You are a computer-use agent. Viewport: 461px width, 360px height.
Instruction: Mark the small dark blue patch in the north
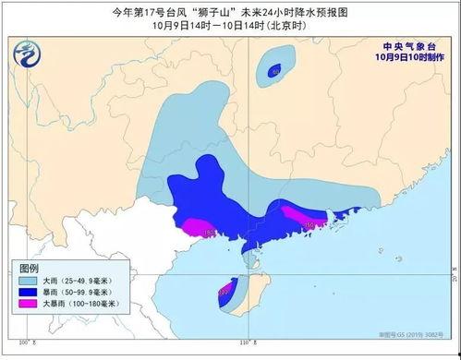coord(274,70)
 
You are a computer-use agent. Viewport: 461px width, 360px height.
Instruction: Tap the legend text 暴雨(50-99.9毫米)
coord(87,295)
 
